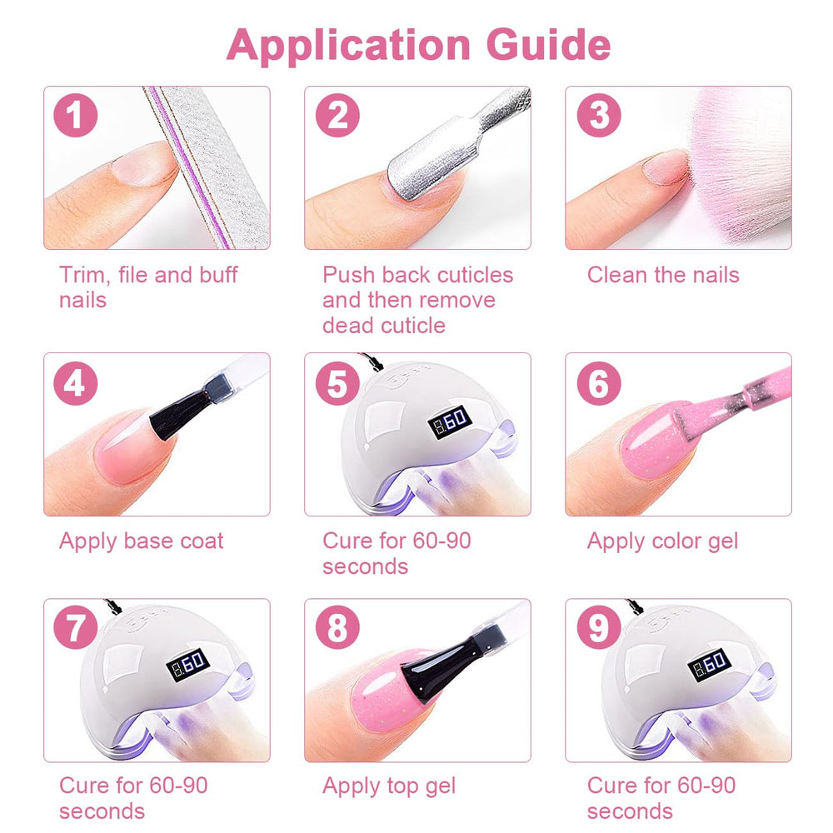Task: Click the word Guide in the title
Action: tap(548, 45)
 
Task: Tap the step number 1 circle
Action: tap(76, 115)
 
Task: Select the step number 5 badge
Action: tap(337, 383)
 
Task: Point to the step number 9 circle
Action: tap(599, 627)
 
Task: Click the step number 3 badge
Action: tap(599, 115)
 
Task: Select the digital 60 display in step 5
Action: tap(450, 421)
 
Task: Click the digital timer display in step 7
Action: tap(188, 664)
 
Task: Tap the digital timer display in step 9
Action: tap(710, 664)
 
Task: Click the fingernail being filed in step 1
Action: tap(143, 163)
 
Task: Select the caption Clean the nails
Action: tap(663, 275)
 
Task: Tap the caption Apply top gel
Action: tap(389, 786)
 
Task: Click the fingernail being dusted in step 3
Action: tap(666, 167)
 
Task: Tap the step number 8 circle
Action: tap(337, 627)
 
